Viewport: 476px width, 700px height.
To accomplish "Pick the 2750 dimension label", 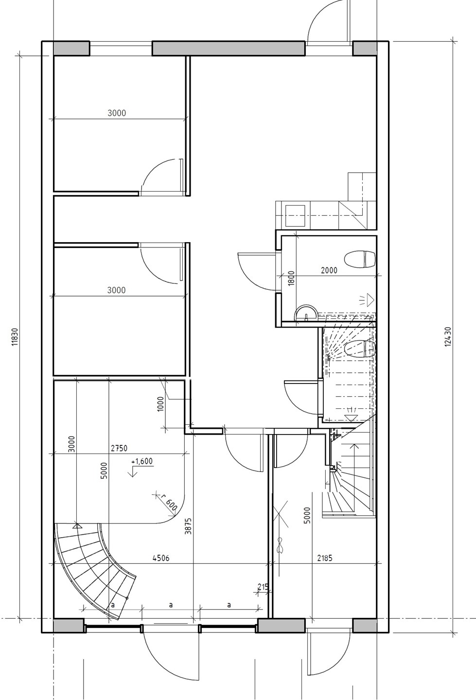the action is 119,448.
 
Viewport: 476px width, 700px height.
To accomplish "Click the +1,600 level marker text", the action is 142,461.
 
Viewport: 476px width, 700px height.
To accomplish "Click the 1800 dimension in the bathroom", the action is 291,278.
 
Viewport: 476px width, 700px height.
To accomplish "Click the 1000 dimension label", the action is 160,404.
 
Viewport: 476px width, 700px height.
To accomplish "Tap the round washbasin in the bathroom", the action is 306,314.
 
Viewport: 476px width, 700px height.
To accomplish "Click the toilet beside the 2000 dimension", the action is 359,259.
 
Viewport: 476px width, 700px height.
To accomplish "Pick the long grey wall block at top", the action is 229,49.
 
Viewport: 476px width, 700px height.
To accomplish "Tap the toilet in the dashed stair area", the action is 359,349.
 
